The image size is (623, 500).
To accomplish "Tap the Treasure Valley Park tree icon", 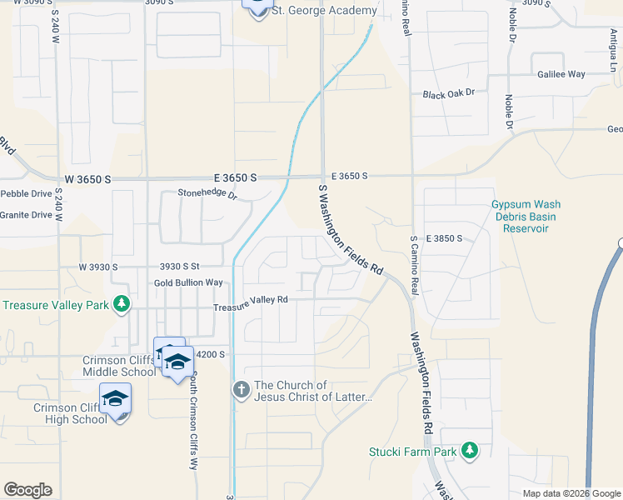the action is pos(122,303).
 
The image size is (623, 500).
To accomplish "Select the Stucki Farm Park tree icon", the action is pos(470,451).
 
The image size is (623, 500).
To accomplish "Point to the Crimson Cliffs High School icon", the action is pos(116,399).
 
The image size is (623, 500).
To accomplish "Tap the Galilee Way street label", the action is pos(561,74).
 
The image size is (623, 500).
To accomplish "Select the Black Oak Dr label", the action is pos(448,95).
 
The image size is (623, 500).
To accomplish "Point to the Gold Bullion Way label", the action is pos(188,283).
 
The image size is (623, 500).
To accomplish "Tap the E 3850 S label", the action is pos(443,238).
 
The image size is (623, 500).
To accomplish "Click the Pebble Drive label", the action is pos(26,193).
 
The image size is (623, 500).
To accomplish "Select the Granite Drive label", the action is pos(26,214).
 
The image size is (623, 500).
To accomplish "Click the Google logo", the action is pos(27,490).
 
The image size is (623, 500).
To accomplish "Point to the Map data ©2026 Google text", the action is pos(571,493).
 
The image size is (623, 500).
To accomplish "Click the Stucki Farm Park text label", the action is pos(413,452).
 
